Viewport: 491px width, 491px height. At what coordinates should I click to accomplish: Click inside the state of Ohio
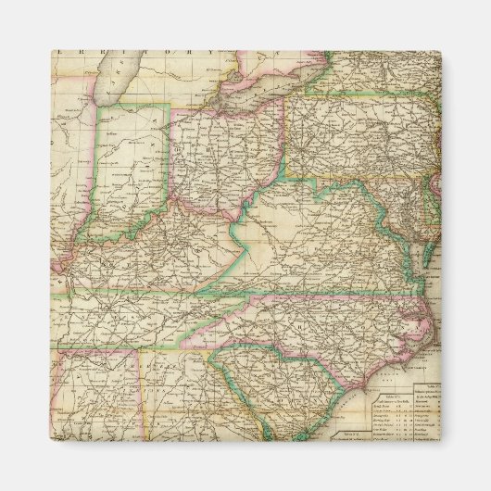222,153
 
